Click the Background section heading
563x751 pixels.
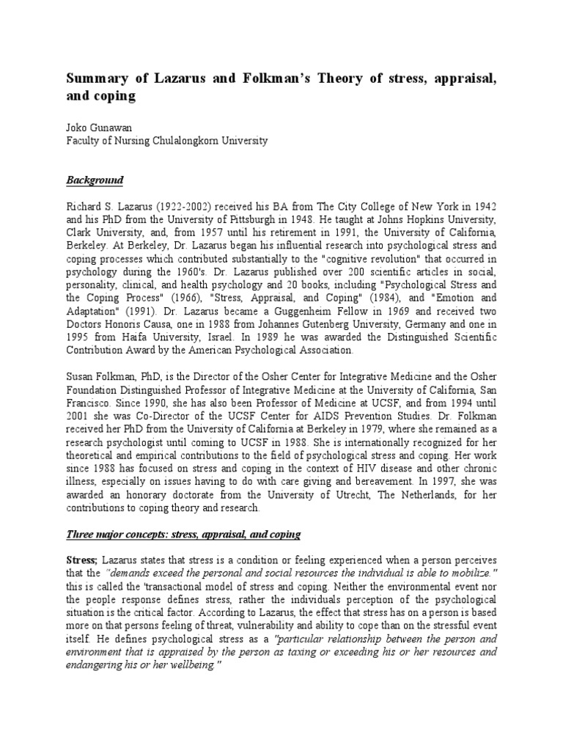pyautogui.click(x=95, y=180)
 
